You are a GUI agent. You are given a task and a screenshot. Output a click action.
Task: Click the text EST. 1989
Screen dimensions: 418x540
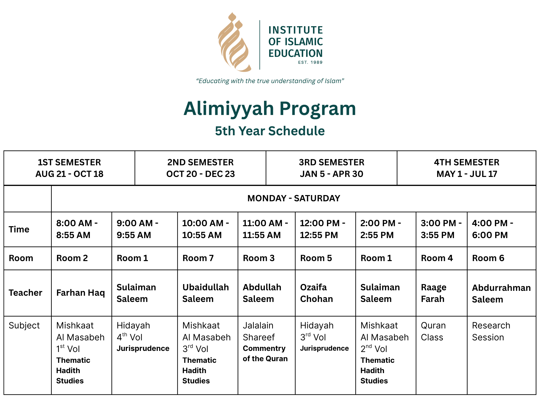point(310,62)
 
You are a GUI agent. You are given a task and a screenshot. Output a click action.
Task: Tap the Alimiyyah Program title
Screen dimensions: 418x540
point(270,108)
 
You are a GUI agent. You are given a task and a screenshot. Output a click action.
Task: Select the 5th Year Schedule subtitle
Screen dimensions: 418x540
point(270,131)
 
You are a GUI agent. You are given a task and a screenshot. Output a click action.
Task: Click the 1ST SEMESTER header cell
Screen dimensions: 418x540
point(69,168)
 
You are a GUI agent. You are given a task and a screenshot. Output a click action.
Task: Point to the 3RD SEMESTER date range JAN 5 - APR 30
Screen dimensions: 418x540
point(332,174)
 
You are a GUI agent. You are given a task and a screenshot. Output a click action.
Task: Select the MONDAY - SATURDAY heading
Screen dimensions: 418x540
point(293,198)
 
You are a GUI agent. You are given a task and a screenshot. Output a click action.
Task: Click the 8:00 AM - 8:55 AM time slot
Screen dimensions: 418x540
point(77,229)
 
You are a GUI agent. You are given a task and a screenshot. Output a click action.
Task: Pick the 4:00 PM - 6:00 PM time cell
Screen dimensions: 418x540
point(492,229)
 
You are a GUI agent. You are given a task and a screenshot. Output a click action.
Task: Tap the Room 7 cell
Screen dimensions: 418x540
point(198,258)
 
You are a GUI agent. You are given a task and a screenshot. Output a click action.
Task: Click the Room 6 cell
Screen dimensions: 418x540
point(488,258)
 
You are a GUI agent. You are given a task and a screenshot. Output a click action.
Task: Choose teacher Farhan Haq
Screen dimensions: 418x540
point(80,293)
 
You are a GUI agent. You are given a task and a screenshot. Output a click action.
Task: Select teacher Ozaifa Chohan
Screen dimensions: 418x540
point(316,293)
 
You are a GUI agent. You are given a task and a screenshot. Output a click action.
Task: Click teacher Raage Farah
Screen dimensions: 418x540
point(434,293)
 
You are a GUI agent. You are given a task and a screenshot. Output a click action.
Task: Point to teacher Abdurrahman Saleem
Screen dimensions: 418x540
point(501,294)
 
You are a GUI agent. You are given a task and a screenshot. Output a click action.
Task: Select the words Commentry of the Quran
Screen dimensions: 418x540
point(265,354)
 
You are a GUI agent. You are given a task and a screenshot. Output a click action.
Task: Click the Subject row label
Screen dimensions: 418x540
point(24,325)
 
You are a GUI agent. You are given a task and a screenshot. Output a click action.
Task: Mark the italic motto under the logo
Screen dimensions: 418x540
point(270,81)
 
